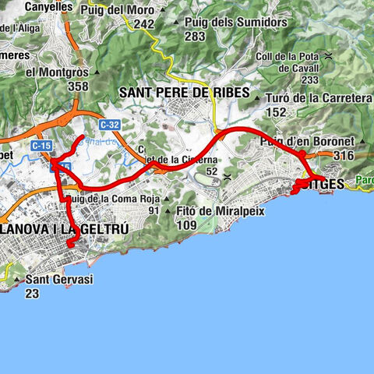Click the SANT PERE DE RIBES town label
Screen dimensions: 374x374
click(185, 93)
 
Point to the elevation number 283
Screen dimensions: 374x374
click(195, 36)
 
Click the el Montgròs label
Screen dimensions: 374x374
click(56, 72)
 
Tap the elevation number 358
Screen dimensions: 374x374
click(78, 87)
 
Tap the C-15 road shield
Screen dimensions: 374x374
click(42, 145)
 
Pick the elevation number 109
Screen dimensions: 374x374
click(186, 225)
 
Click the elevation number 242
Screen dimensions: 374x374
click(143, 24)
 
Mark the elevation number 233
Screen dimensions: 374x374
click(310, 79)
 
